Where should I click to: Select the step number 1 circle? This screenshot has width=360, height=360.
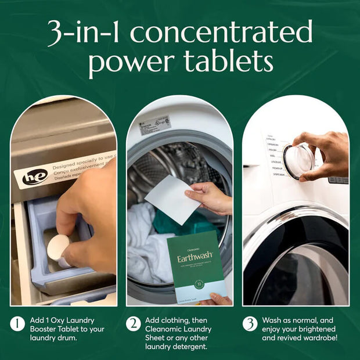point(17,323)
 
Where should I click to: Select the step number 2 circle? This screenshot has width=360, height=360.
point(134,323)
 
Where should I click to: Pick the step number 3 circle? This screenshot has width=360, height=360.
point(250,323)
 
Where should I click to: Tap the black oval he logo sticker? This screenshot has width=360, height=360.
point(34,177)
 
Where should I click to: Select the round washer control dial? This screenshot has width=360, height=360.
point(298,161)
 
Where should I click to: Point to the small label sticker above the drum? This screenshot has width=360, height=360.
point(154,125)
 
